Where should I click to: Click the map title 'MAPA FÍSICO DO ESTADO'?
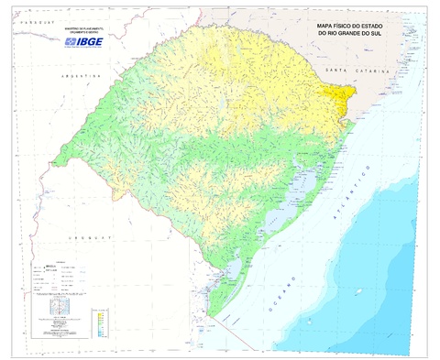pyautogui.click(x=351, y=27)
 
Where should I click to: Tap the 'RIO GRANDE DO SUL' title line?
pyautogui.click(x=351, y=36)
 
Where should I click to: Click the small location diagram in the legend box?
pyautogui.click(x=59, y=309)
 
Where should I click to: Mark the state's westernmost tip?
pyautogui.click(x=53, y=161)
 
